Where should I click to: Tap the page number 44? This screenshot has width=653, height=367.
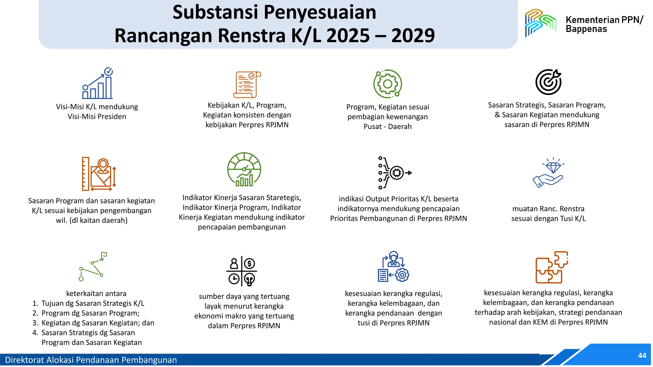point(642,356)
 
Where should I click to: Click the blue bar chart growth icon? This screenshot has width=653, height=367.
point(98,83)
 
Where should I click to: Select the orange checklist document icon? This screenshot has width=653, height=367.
point(247,85)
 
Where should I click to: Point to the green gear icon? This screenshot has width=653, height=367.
point(388,84)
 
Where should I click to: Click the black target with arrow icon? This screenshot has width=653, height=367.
point(548,82)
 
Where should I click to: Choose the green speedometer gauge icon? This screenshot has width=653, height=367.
point(244,169)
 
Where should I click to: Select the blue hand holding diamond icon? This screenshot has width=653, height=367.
point(548,173)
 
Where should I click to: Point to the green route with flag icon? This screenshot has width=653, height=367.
point(93,266)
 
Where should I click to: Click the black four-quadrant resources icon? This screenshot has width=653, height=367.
point(242,271)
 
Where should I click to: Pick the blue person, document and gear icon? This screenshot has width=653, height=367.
point(393,267)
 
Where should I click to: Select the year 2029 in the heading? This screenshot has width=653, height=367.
point(413,35)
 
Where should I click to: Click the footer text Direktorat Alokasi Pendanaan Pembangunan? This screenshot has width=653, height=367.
point(91,360)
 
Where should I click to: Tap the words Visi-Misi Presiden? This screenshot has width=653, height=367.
point(97,117)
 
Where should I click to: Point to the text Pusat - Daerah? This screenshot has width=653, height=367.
point(388,126)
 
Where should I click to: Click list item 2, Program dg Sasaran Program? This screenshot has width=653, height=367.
point(90,313)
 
